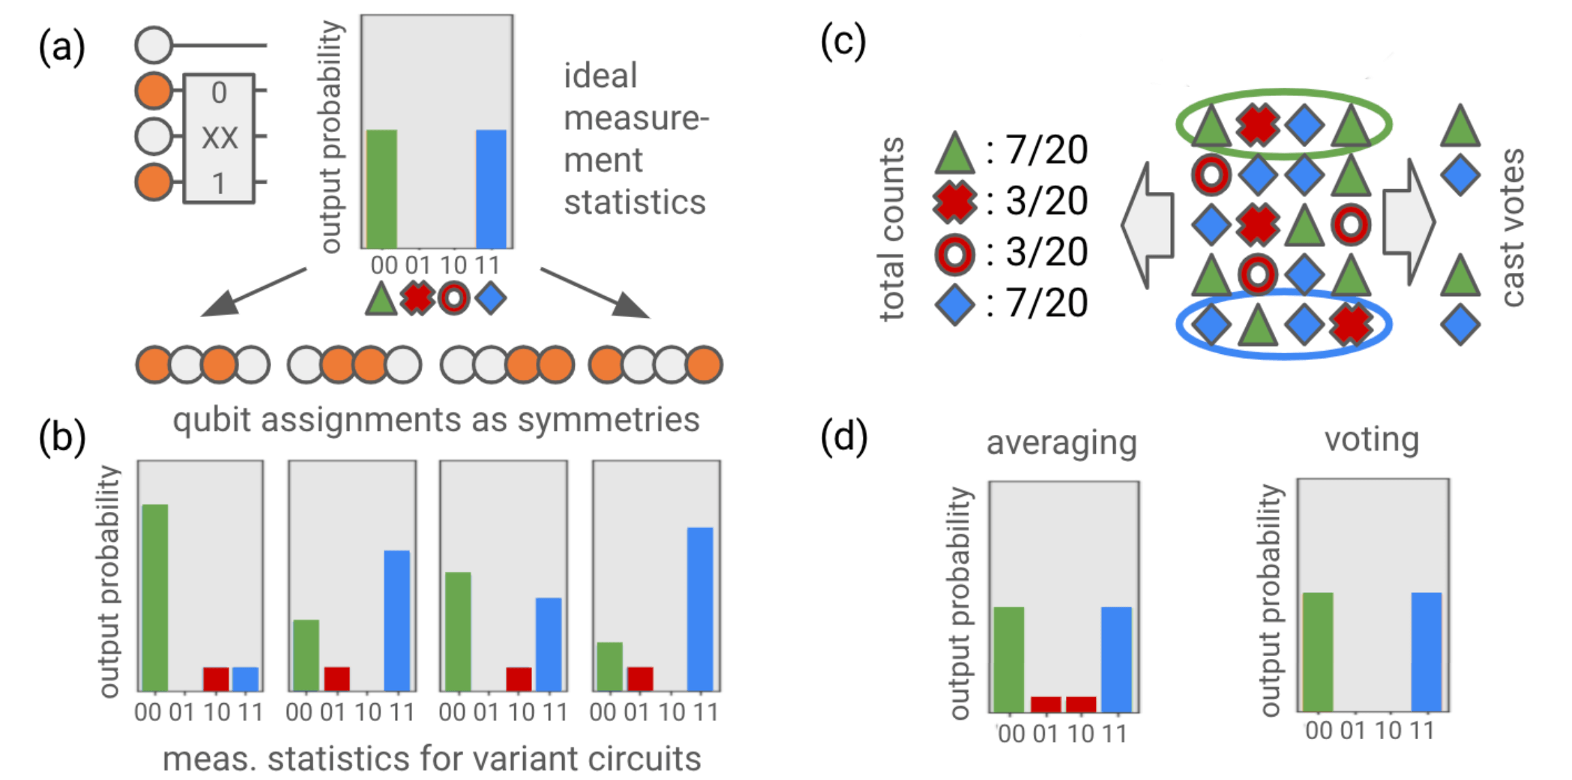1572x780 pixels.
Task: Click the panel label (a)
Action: tap(61, 48)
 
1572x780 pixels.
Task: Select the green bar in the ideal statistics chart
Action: tap(381, 189)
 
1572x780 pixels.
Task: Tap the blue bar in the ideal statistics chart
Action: tap(491, 189)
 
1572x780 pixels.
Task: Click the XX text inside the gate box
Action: tap(219, 138)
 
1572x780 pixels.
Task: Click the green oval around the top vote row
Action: tap(1284, 93)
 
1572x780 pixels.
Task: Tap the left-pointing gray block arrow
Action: tap(1148, 225)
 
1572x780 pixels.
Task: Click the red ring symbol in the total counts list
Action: tap(954, 254)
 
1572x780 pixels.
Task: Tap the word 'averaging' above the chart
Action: tap(1062, 442)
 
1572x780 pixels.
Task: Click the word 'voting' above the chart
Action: tap(1372, 439)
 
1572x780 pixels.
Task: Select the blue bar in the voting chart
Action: tap(1426, 651)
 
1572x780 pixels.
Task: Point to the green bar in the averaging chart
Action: tap(1009, 659)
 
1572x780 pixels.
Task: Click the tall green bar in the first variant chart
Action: tap(155, 597)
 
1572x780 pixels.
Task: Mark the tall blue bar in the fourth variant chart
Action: tap(700, 608)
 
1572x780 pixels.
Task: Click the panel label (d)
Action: tap(844, 437)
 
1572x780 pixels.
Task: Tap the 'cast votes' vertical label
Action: tap(1513, 228)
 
